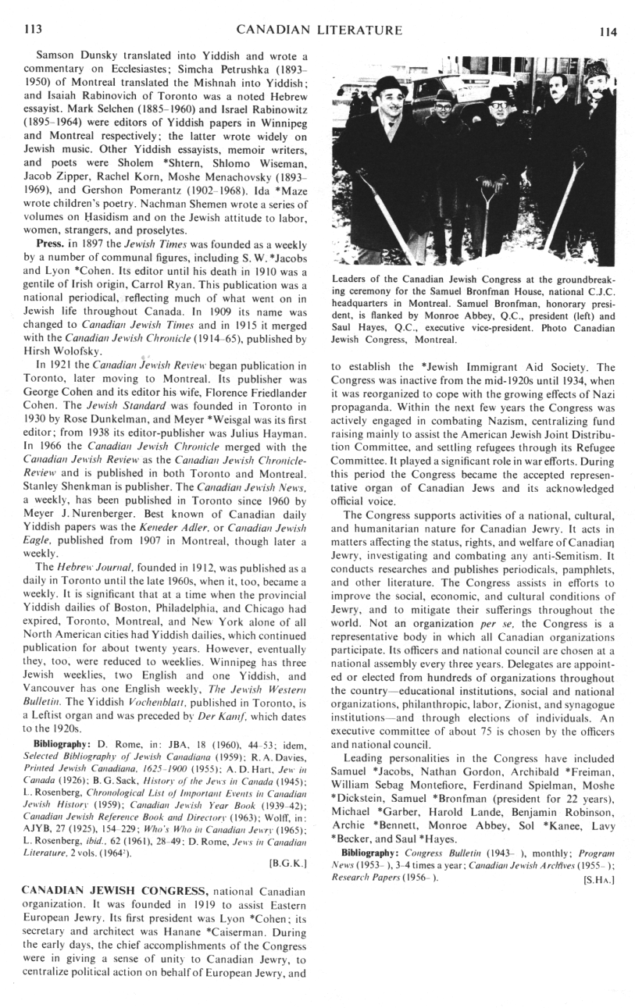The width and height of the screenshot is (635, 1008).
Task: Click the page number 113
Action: (32, 30)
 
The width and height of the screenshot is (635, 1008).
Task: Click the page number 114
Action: (608, 32)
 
